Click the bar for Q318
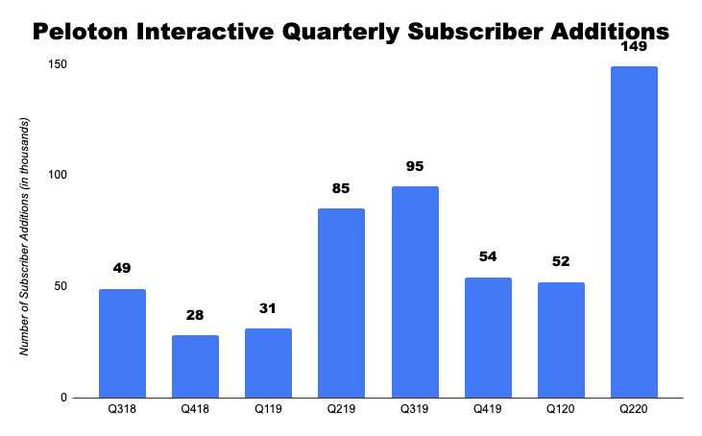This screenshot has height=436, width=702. [x=122, y=343]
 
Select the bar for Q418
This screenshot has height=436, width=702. [x=195, y=366]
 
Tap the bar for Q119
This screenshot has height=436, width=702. [x=268, y=363]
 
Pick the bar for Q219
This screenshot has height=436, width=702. [x=341, y=303]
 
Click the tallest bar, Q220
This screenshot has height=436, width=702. [x=634, y=231]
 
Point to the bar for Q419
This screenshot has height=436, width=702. [x=488, y=337]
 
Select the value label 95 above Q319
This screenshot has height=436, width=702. [x=415, y=167]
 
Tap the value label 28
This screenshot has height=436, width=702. [x=195, y=316]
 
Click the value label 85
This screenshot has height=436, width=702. [x=341, y=189]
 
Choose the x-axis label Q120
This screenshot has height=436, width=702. [x=561, y=410]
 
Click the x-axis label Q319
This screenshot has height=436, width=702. [x=415, y=410]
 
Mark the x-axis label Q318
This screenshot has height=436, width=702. [x=122, y=410]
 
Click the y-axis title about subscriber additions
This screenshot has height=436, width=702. [x=26, y=236]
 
